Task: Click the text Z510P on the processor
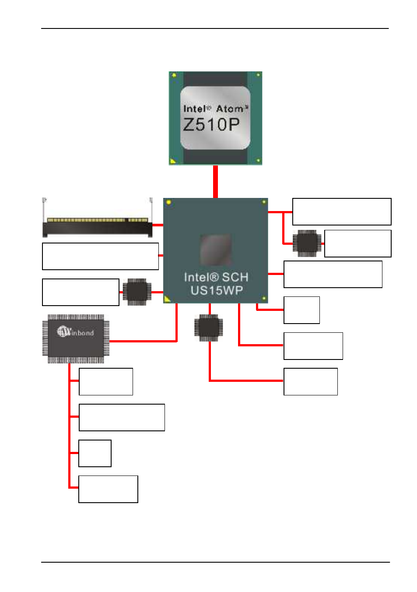click(211, 125)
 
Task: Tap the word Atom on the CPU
click(230, 109)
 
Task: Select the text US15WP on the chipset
click(217, 290)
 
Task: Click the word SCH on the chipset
click(235, 277)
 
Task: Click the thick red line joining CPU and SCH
click(215, 181)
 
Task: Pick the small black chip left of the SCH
click(137, 292)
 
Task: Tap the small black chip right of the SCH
click(307, 243)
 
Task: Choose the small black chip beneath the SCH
click(209, 328)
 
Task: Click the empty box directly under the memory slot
click(100, 257)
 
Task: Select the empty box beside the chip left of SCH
click(81, 292)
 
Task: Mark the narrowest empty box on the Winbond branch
click(95, 453)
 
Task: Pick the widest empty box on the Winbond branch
click(122, 417)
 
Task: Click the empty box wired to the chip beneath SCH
click(311, 381)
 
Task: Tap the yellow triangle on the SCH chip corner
click(167, 299)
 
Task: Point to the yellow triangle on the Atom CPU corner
click(173, 161)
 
